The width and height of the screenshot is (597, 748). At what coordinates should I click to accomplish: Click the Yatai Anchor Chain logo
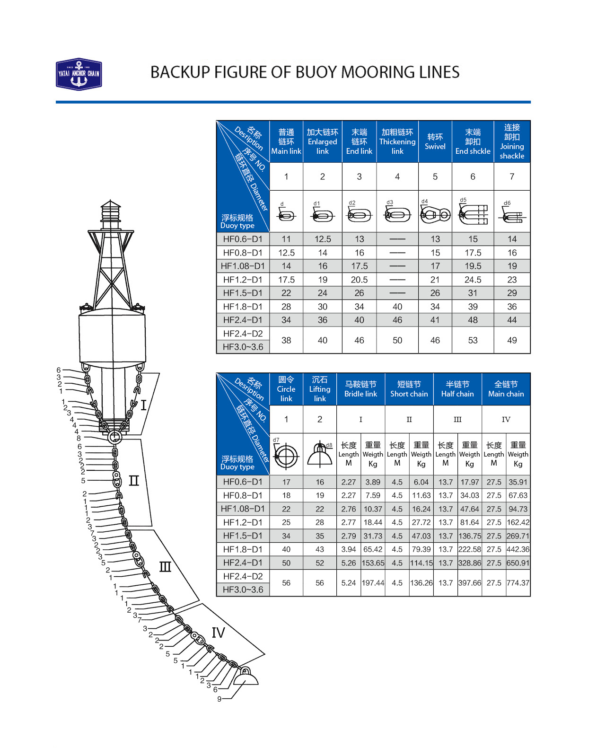pyautogui.click(x=79, y=74)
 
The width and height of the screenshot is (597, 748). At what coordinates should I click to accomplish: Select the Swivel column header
pyautogui.click(x=435, y=141)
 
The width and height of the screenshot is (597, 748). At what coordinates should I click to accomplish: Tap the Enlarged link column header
pyautogui.click(x=322, y=141)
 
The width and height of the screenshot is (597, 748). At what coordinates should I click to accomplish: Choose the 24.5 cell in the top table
pyautogui.click(x=473, y=280)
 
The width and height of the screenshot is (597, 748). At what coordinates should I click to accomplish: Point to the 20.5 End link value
pyautogui.click(x=359, y=280)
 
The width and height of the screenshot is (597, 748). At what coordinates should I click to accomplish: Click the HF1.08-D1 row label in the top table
pyautogui.click(x=243, y=266)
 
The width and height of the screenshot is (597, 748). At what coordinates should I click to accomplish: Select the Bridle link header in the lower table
pyautogui.click(x=360, y=389)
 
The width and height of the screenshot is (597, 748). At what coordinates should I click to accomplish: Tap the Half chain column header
pyautogui.click(x=457, y=389)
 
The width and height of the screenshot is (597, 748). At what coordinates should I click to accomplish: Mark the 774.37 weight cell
pyautogui.click(x=518, y=583)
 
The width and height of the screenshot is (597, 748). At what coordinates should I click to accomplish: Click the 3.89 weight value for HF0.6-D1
pyautogui.click(x=373, y=482)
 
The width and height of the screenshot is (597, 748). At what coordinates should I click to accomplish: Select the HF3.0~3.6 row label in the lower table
pyautogui.click(x=243, y=590)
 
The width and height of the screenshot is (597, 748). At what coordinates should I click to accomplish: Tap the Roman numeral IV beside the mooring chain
pyautogui.click(x=218, y=633)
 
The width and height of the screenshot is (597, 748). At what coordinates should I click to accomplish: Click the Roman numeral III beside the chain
pyautogui.click(x=165, y=567)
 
